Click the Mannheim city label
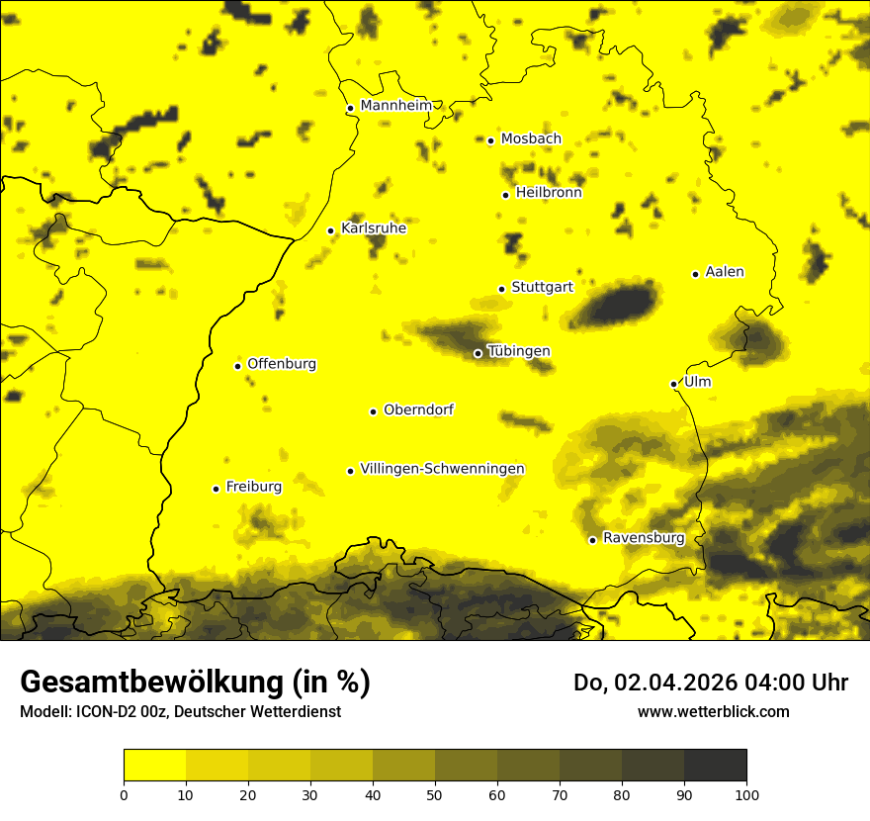coord(395,106)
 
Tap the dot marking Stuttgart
coord(501,290)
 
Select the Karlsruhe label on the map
coord(373,228)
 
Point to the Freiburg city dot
coord(216,489)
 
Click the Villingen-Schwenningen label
coord(442,469)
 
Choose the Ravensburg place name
coord(643,538)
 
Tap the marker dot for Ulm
coord(673,384)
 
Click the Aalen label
coord(724,272)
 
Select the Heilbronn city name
coord(549,193)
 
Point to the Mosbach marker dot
coord(490,140)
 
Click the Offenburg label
coord(281,364)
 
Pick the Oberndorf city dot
coord(373,411)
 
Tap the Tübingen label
coord(518,351)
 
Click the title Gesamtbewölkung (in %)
coord(195,683)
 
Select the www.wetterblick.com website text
coord(713,711)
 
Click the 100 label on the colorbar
coord(746,793)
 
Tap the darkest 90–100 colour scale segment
coord(715,765)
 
